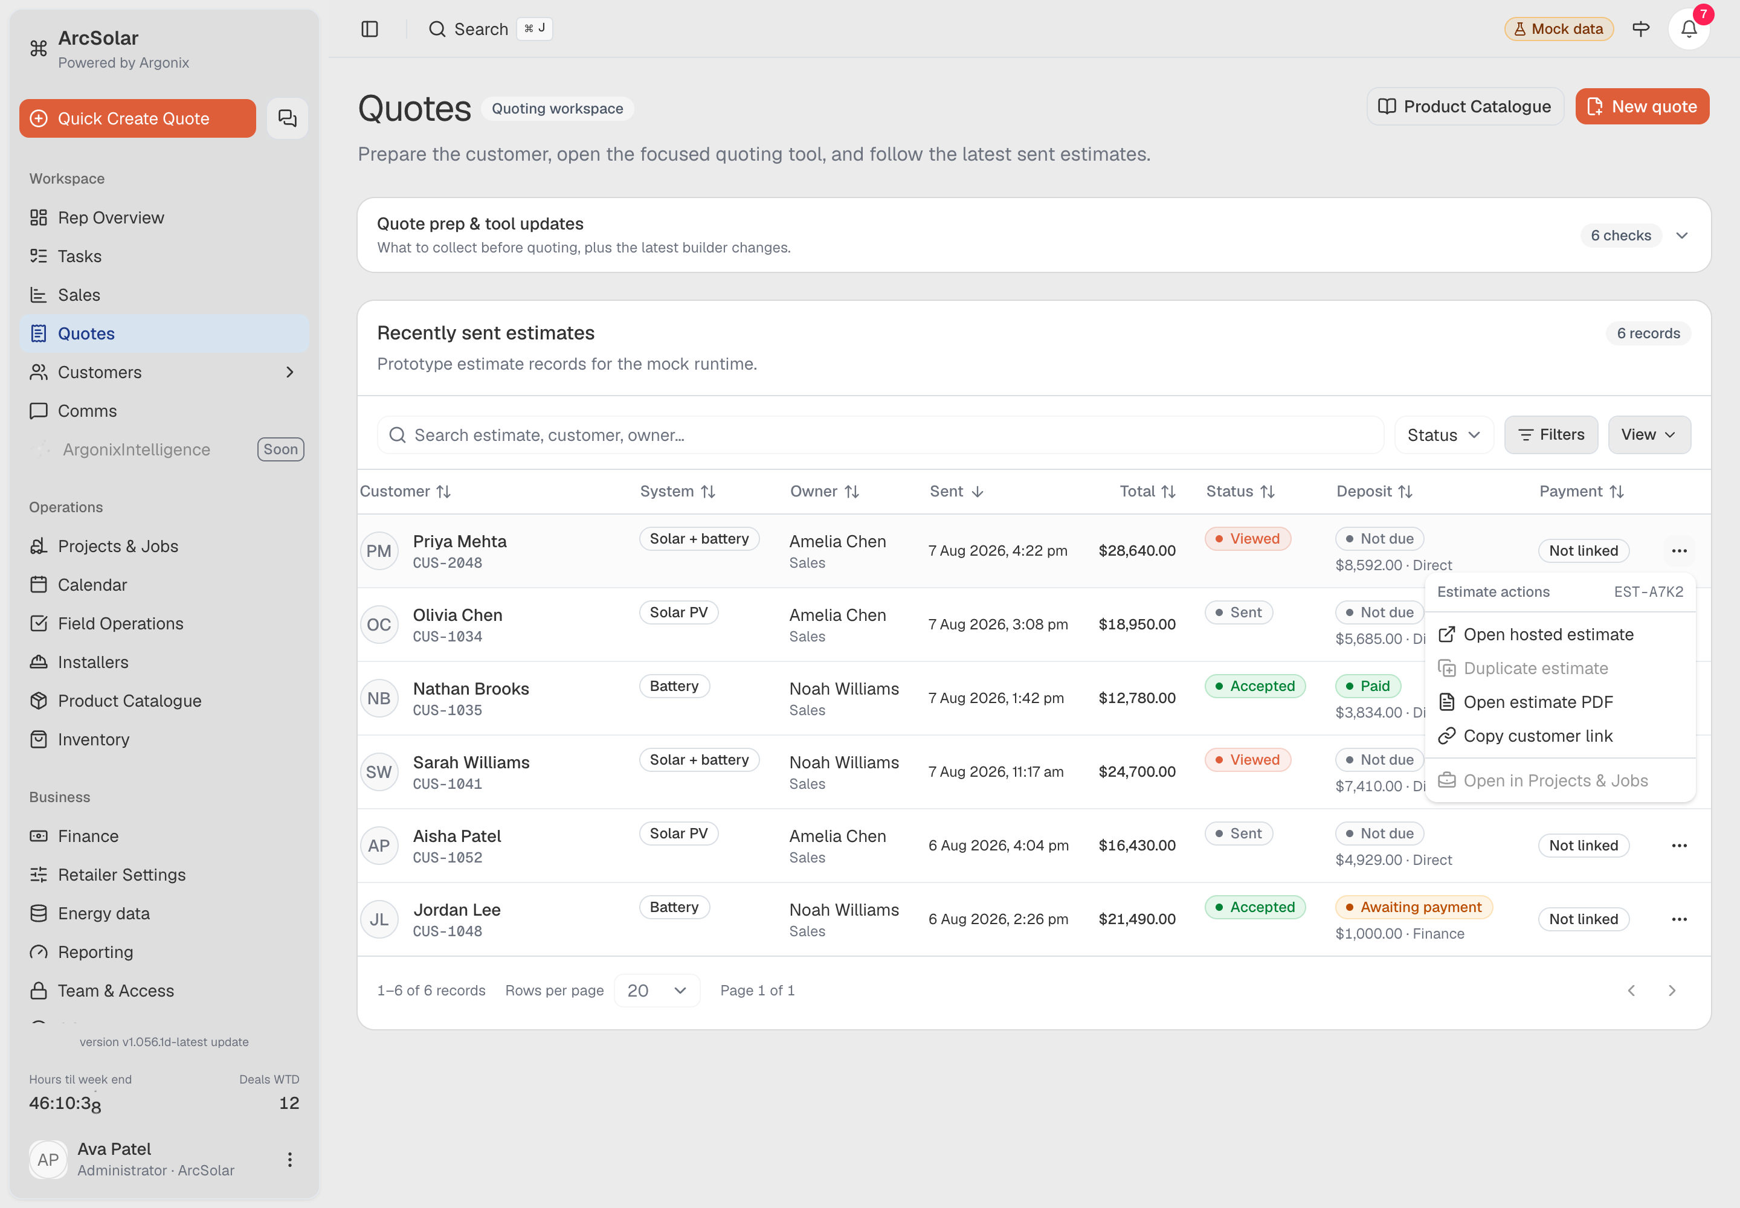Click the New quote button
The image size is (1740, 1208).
(1642, 107)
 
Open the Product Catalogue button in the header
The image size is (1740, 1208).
(1464, 107)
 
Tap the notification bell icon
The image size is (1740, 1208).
(1689, 30)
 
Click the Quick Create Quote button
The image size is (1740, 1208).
(137, 119)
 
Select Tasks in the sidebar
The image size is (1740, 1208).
(80, 256)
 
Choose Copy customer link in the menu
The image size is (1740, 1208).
(1538, 736)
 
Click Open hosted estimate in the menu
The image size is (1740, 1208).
(1548, 634)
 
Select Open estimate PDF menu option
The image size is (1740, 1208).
(1538, 702)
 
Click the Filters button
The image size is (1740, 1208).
(1551, 434)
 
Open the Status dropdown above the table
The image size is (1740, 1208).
(1443, 434)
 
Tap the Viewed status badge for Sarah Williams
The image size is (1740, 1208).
(1247, 759)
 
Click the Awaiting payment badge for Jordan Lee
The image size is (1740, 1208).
(1413, 907)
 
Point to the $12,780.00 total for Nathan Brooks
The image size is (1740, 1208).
(1136, 698)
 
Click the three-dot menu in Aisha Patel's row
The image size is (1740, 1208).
(1678, 846)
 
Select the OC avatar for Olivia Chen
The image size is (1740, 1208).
(379, 625)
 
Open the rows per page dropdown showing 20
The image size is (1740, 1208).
(657, 990)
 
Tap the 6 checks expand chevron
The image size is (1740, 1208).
(1681, 236)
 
